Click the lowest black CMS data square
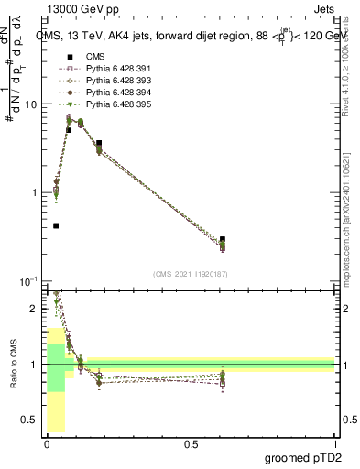56,225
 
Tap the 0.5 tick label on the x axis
191,443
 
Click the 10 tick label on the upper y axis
30,104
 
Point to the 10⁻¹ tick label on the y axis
27,280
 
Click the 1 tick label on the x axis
334,443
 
